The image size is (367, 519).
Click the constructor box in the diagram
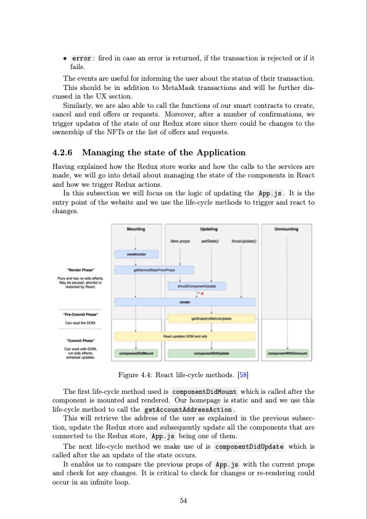(136, 254)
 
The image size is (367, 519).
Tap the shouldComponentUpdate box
(197, 286)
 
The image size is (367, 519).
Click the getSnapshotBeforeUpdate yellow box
(212, 319)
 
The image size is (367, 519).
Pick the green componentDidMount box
(136, 353)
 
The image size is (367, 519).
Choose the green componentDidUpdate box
(212, 353)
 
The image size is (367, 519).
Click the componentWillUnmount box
(287, 353)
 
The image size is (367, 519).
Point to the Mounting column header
(136, 229)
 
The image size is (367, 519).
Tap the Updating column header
(212, 229)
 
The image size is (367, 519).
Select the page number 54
(183, 501)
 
